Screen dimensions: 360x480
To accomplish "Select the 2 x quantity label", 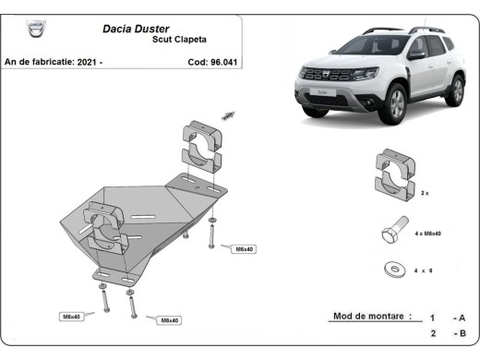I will [426, 195].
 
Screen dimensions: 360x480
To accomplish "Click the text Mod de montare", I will [370, 317].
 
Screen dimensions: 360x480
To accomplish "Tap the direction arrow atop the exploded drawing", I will [226, 114].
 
